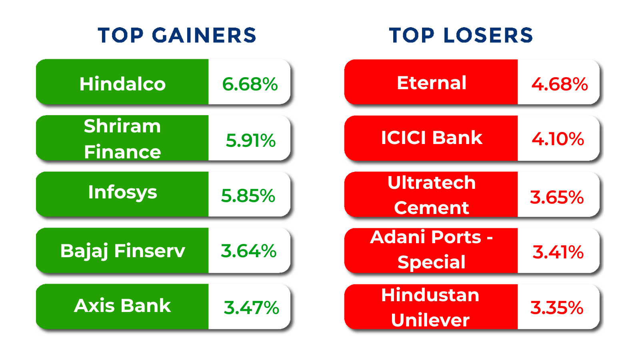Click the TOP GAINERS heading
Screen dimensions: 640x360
point(177,36)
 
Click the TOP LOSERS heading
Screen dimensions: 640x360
point(461,36)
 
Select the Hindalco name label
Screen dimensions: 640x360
point(122,84)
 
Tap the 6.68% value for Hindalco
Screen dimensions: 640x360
point(250,84)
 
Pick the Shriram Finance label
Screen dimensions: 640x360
point(122,139)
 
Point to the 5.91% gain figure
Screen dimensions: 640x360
point(250,140)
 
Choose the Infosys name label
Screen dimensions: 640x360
point(122,193)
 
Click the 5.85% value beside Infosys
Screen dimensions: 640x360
point(248,196)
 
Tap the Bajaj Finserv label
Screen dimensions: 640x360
point(122,251)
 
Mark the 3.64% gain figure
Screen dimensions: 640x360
point(248,251)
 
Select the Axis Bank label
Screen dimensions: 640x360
point(122,306)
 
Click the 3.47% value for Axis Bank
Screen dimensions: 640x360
point(252,308)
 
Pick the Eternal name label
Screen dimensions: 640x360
point(432,83)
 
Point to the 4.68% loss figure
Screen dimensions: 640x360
point(560,84)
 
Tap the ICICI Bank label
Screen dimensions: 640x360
point(432,138)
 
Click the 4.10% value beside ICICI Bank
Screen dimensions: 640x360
point(558,139)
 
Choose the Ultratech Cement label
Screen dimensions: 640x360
point(432,195)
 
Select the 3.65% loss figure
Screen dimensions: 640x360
point(556,197)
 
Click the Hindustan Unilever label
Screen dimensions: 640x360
point(430,308)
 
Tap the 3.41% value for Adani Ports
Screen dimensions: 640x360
point(558,252)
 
